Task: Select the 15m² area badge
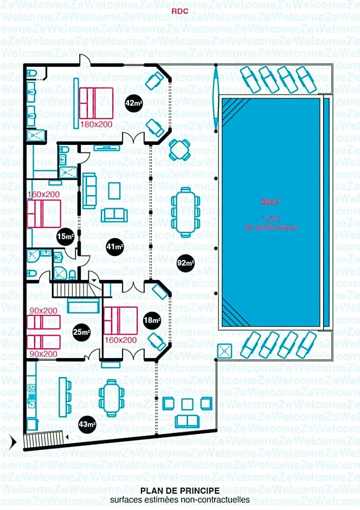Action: point(65,237)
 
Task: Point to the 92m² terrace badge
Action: point(185,263)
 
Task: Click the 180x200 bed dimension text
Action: point(96,124)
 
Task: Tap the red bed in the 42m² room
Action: point(96,103)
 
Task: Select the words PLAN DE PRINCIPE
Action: point(179,490)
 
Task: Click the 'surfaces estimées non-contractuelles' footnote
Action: point(179,500)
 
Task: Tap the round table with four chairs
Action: point(179,149)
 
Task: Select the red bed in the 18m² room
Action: point(120,320)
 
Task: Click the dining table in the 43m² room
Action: point(111,398)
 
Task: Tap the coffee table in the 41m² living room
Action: point(114,191)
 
